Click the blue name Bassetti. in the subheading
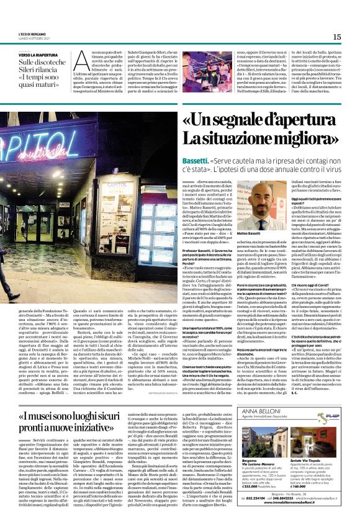(x=196, y=159)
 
